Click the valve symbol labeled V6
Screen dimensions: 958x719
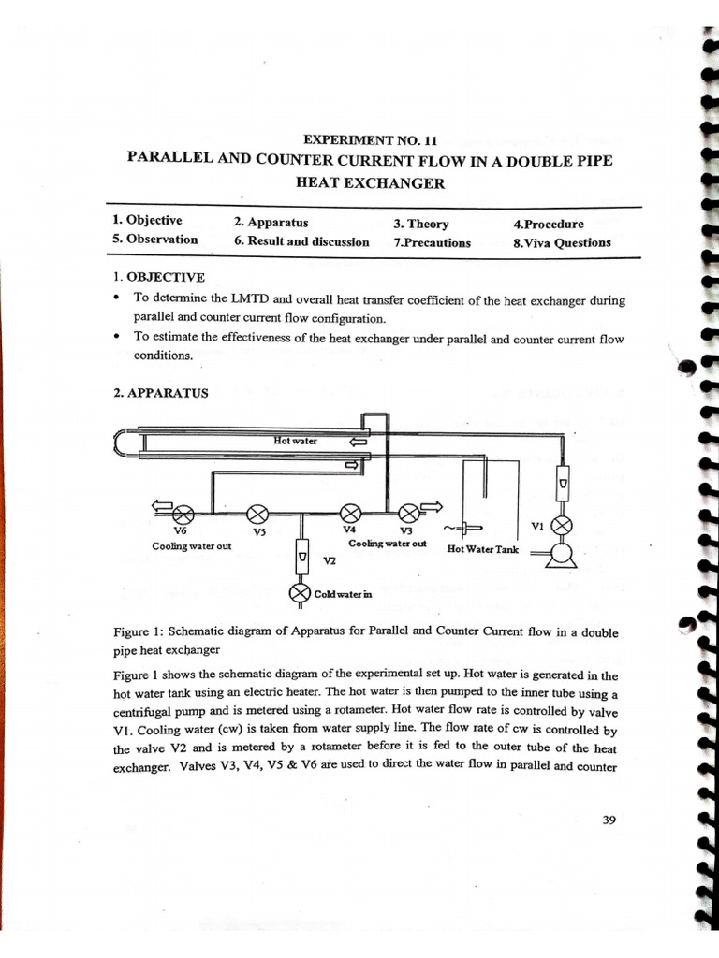click(x=184, y=514)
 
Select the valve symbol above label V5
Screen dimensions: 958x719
click(x=257, y=514)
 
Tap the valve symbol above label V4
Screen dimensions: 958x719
click(x=349, y=513)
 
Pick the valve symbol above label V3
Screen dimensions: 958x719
click(x=409, y=513)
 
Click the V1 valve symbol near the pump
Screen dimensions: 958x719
click(x=561, y=526)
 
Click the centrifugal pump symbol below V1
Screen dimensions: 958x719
click(x=561, y=554)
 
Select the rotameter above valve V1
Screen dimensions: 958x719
click(x=562, y=484)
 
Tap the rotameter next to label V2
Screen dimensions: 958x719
click(x=301, y=557)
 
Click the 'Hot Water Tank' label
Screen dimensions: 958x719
click(x=482, y=550)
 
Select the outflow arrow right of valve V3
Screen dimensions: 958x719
click(x=432, y=507)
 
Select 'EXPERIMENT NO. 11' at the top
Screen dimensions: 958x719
click(x=372, y=139)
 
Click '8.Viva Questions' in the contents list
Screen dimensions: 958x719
click(x=562, y=242)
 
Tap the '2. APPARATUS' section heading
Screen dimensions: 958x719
click(x=160, y=393)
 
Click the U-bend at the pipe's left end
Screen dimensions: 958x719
click(x=119, y=442)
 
